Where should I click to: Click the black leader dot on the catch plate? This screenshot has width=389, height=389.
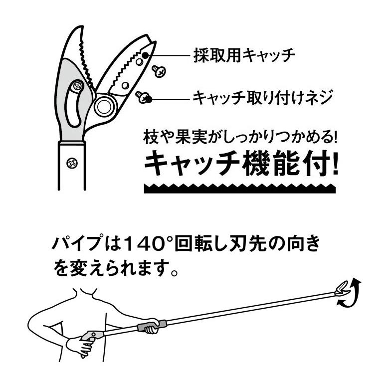(144, 55)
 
